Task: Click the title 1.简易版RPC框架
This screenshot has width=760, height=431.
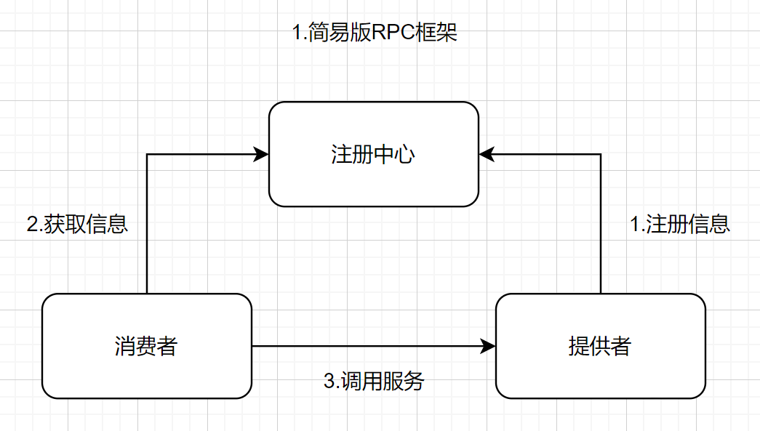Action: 375,33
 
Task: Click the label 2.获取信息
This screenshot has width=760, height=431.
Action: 77,224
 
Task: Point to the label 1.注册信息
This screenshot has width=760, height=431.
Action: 679,224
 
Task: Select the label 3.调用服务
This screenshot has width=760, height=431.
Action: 373,380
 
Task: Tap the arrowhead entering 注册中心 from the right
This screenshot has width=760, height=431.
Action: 487,154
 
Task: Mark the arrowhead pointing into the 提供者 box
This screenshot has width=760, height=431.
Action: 488,346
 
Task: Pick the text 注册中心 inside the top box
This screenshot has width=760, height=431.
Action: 373,154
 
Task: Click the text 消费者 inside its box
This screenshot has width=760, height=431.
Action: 146,346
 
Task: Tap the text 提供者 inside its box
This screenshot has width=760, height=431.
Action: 600,346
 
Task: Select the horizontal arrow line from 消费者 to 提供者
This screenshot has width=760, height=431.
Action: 364,346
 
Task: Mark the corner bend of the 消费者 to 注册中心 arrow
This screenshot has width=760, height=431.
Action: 147,154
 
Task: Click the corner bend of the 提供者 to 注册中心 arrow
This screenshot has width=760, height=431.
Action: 601,154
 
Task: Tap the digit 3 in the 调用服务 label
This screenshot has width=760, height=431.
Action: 328,380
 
